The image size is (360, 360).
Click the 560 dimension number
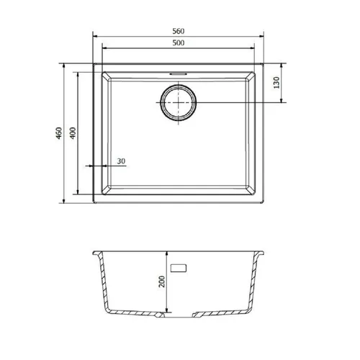coord(179,31)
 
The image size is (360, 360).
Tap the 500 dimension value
coord(179,43)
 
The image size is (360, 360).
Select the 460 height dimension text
coord(59,133)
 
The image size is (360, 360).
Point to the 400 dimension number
coord(73,132)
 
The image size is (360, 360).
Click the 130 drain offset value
coord(276,83)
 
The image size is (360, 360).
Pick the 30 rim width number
coord(121,161)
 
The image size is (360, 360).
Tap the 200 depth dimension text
coord(162,282)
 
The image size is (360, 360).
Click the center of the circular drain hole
coord(179,102)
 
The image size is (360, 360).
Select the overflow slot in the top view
coord(179,74)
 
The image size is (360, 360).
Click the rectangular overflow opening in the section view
coord(179,268)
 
